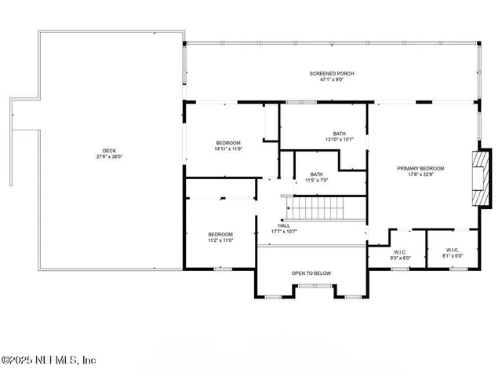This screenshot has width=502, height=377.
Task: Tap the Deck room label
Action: [108, 151]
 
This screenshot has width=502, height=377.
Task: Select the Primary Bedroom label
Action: [420, 168]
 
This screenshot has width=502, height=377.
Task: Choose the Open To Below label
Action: [311, 273]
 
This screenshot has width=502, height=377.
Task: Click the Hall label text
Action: [284, 225]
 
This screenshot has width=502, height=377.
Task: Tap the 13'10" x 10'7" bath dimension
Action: [338, 140]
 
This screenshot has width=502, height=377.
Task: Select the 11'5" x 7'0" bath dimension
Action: [316, 180]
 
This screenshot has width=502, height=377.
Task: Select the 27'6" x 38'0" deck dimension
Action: [108, 157]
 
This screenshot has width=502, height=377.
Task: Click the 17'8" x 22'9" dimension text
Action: [420, 174]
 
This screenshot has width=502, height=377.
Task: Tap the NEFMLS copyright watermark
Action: [49, 361]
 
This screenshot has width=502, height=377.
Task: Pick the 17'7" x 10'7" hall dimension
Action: [284, 231]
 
